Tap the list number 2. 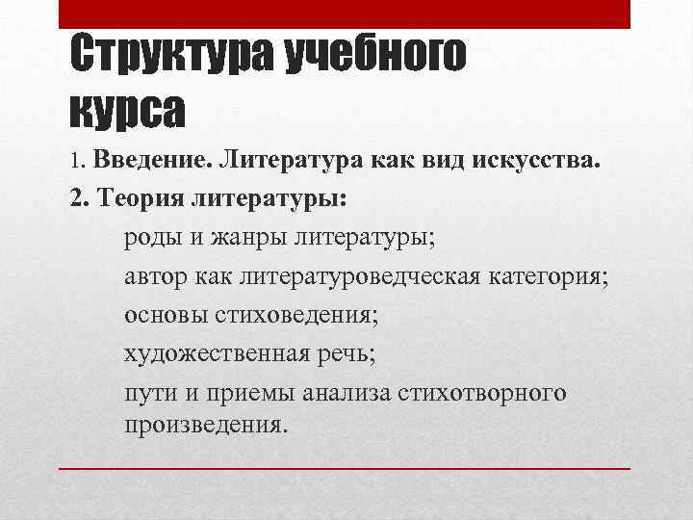coord(76,198)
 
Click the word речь coord(348,354)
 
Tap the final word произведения coord(205,424)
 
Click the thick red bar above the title coord(344,13)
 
